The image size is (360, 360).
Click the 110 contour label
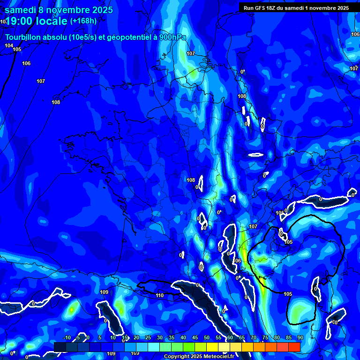tap(160, 296)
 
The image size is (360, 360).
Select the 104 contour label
tap(9, 45)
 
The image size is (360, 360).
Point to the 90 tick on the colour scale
tap(300, 337)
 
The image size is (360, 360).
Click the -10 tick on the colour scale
tap(67, 337)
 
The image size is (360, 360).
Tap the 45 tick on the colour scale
tap(195, 337)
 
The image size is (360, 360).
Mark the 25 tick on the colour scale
tap(148, 337)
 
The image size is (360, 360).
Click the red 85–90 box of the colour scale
tap(294, 347)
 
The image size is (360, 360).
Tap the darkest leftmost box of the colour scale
tap(60, 347)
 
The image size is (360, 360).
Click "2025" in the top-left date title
tap(100, 10)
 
